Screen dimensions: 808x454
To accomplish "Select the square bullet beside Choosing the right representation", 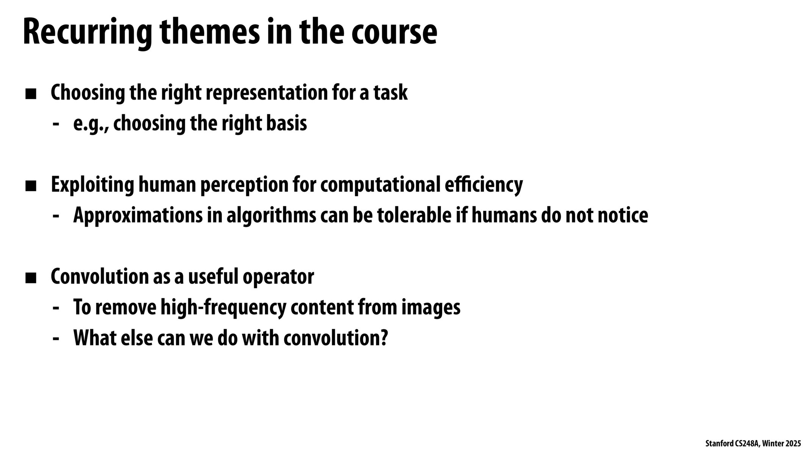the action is click(x=31, y=94).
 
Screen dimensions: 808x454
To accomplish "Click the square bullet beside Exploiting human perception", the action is click(x=31, y=186).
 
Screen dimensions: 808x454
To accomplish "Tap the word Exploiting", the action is click(x=92, y=185).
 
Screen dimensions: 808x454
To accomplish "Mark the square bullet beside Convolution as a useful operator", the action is click(x=31, y=278).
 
